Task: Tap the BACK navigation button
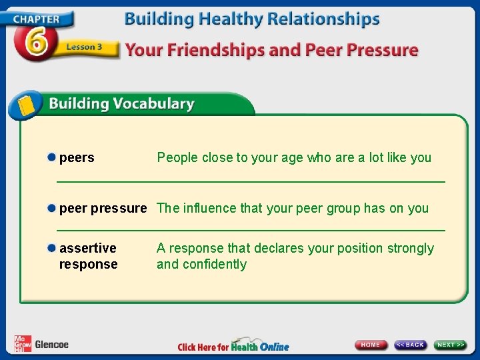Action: coord(410,345)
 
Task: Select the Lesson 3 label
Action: coord(83,48)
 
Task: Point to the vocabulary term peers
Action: coord(77,158)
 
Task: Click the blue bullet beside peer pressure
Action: coord(51,209)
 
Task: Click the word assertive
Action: coord(87,249)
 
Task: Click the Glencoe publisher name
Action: coord(51,345)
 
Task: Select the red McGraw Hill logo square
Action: coord(22,344)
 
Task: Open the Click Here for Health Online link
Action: coord(233,346)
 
